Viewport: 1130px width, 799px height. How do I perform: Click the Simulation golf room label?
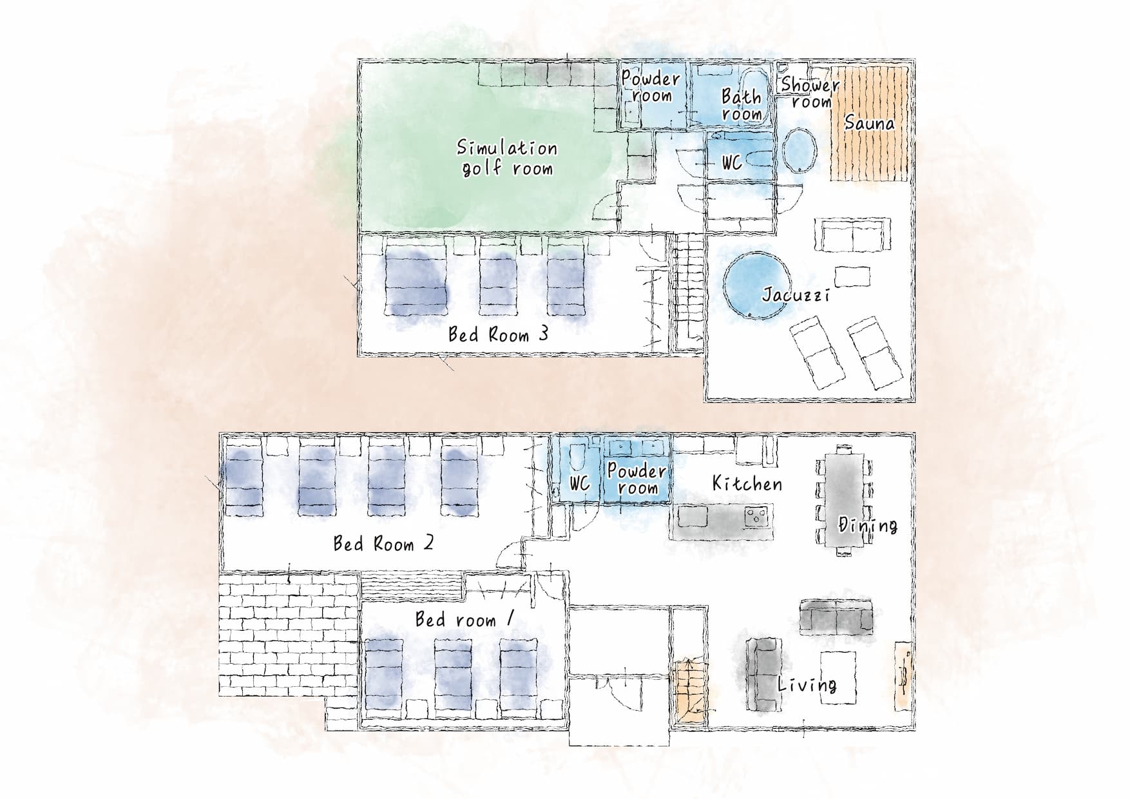[x=507, y=158]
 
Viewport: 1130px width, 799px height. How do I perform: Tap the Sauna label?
[x=869, y=122]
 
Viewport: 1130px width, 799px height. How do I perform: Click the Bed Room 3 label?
[x=498, y=334]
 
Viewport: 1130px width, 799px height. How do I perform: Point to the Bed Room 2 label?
[x=383, y=544]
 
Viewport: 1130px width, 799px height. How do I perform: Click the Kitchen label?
[x=747, y=483]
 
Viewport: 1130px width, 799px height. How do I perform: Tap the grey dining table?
[x=842, y=500]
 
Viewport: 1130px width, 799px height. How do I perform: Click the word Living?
[x=807, y=684]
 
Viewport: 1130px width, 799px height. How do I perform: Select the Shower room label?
[x=810, y=93]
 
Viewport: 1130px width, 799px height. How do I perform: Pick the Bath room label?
[x=742, y=105]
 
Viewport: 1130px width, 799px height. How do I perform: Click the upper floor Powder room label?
[x=651, y=87]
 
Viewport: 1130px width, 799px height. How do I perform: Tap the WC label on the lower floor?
[x=580, y=483]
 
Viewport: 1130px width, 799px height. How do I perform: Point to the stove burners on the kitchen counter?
[x=756, y=516]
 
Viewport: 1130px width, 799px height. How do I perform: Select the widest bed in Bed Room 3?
[x=416, y=284]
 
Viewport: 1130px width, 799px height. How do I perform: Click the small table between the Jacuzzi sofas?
[x=853, y=276]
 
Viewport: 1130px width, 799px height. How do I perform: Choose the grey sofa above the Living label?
[x=836, y=616]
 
